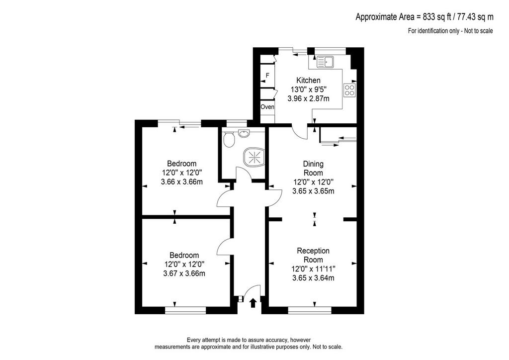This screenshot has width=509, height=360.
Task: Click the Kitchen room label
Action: (x=308, y=80)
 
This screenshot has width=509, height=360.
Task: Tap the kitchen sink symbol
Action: (x=325, y=62)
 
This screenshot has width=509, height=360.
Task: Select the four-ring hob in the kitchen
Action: (x=349, y=90)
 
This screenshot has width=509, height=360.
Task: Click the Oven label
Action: (x=267, y=106)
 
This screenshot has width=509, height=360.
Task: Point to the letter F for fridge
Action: (x=267, y=75)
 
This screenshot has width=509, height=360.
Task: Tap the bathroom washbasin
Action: (x=244, y=133)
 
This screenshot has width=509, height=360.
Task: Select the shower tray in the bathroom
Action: (x=254, y=157)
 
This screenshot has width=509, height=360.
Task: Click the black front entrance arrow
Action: (x=253, y=303)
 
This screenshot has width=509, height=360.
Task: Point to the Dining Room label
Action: (x=313, y=168)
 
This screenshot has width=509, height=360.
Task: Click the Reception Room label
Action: (x=313, y=255)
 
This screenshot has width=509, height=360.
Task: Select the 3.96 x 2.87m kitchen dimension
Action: (x=308, y=98)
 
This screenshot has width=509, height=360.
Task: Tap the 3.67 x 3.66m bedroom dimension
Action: (x=184, y=273)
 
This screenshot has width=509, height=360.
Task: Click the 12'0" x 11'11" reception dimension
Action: (x=313, y=269)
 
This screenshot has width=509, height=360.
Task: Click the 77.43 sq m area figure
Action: (x=475, y=17)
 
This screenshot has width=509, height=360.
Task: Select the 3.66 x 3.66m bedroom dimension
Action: (x=182, y=182)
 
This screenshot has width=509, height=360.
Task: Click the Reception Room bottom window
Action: (x=310, y=310)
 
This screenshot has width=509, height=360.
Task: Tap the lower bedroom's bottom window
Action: (x=185, y=310)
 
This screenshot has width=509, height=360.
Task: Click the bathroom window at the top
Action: (x=236, y=123)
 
